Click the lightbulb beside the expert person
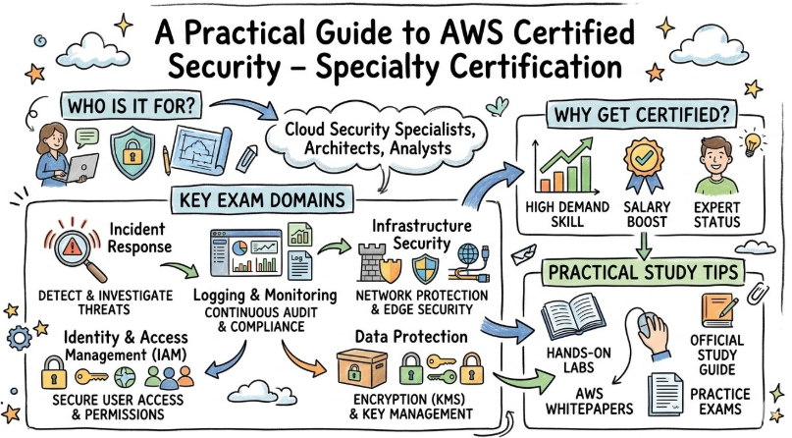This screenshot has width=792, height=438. (751, 140)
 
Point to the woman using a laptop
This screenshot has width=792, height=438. (50, 155)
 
